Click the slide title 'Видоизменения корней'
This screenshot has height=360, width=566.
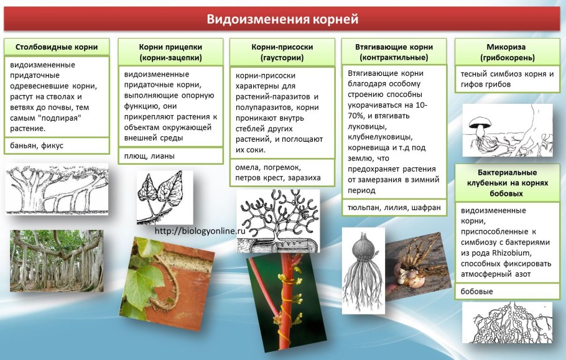tap(282, 19)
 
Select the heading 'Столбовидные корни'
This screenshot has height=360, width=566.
tap(56, 47)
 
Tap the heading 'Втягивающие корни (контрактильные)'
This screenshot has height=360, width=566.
tap(394, 52)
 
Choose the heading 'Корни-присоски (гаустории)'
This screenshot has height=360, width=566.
tap(282, 52)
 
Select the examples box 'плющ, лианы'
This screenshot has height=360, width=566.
tap(170, 155)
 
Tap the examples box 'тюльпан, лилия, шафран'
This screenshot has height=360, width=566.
tap(394, 207)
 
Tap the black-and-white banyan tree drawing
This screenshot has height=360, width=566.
tap(56, 189)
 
